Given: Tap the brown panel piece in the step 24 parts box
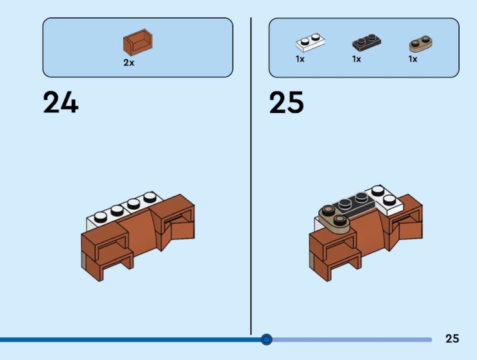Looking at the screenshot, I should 137,42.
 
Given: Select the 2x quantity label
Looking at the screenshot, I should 129,63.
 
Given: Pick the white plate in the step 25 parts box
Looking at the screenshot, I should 310,43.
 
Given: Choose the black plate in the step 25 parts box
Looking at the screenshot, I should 366,43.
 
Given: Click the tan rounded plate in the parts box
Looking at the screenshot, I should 421,43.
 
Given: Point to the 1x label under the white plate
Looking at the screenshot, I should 300,59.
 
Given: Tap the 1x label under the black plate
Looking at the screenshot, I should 356,59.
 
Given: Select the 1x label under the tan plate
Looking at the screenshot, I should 412,59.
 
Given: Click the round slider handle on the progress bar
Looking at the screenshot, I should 267,339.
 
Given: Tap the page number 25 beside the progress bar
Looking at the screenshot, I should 452,339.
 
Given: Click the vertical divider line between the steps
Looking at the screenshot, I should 251,182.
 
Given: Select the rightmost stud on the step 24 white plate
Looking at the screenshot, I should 149,197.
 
